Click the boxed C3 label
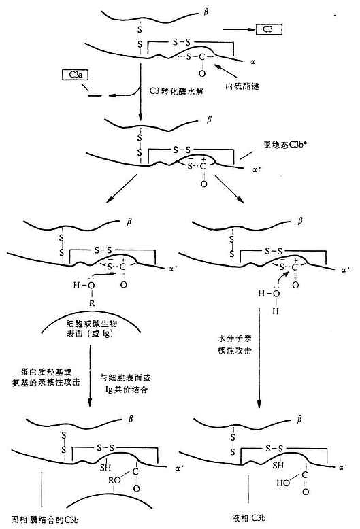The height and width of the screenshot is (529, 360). pyautogui.click(x=268, y=29)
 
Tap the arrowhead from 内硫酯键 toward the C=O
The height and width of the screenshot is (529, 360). pyautogui.click(x=216, y=66)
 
